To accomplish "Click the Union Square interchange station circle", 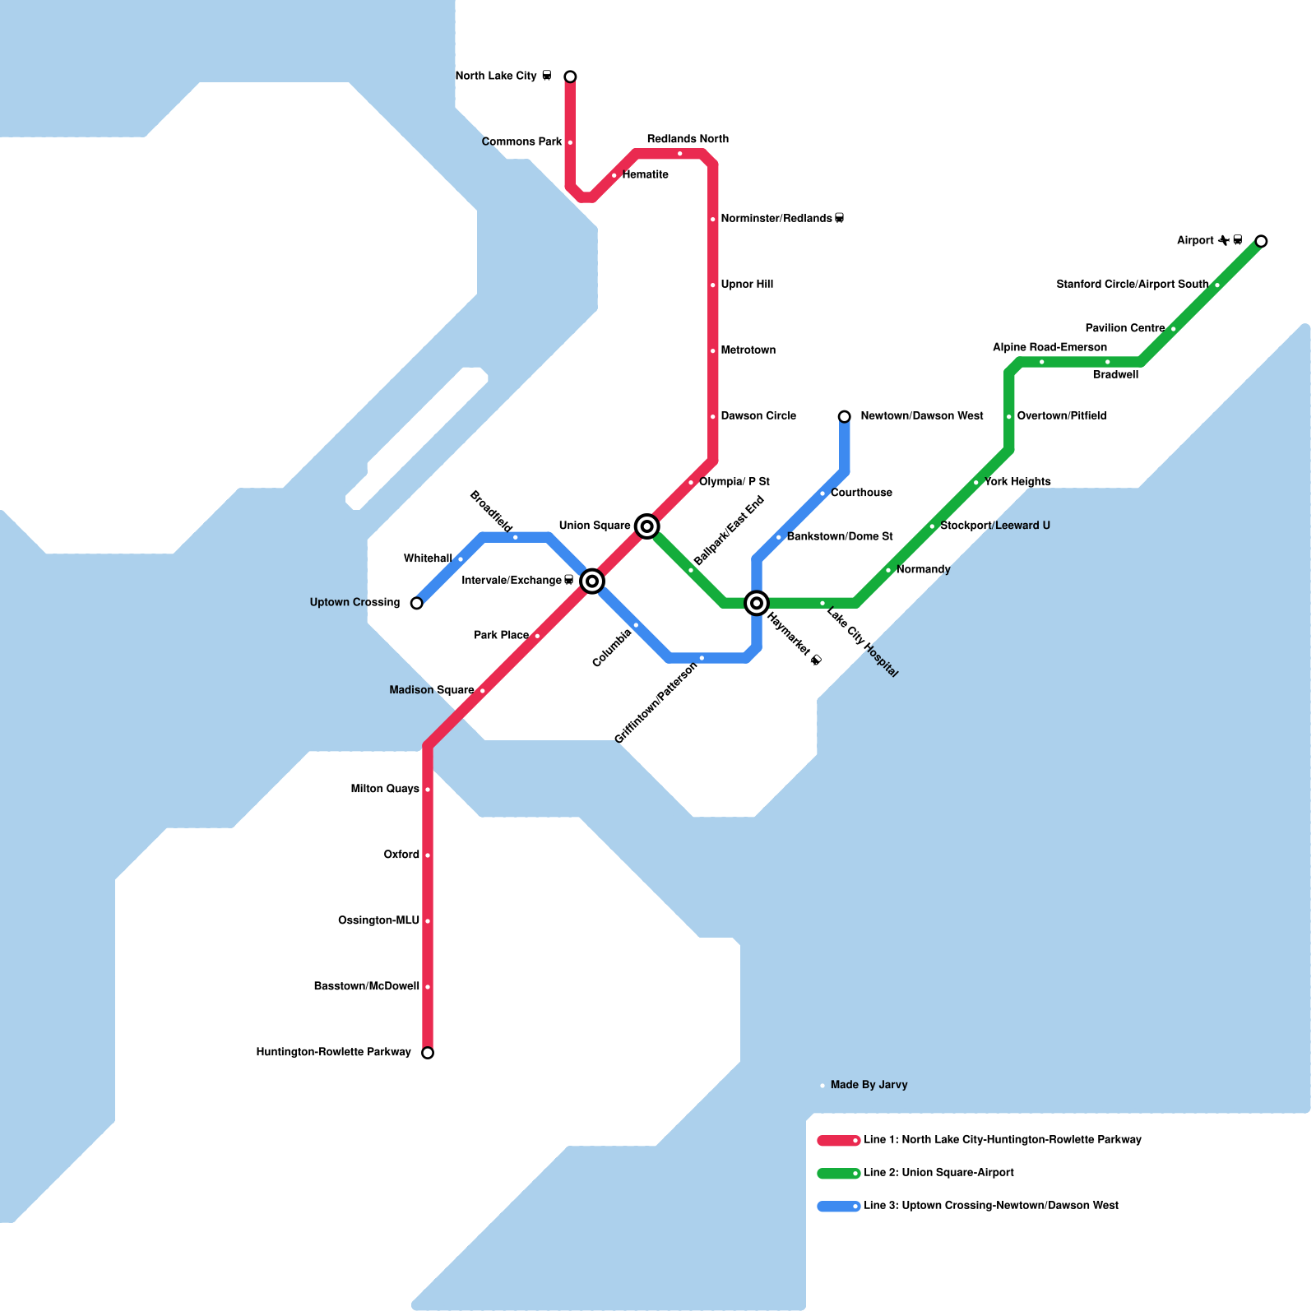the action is click(x=647, y=526).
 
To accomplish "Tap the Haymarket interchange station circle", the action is click(x=757, y=603).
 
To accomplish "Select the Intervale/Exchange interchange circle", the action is click(x=592, y=582).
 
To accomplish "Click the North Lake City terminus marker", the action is click(x=570, y=76).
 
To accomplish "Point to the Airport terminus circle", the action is click(x=1261, y=241).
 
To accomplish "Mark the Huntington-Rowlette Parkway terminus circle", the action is click(x=428, y=1053).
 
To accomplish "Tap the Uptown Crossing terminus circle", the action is click(x=417, y=603).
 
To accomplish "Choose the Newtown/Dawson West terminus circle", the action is click(x=845, y=417).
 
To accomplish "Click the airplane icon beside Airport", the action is click(x=1224, y=240).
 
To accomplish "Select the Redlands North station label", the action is click(x=688, y=139).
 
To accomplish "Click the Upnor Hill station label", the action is click(x=747, y=285).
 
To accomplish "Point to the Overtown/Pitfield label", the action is click(x=1062, y=416).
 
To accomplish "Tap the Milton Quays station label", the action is click(x=385, y=789).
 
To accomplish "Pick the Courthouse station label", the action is click(x=861, y=493).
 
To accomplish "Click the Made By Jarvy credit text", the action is click(x=869, y=1085).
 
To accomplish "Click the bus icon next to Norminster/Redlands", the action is click(x=840, y=219).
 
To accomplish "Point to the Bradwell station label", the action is click(x=1115, y=375).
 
